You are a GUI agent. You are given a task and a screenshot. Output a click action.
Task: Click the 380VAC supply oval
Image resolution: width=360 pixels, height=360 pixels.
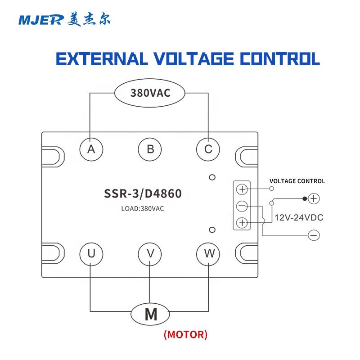click(150, 94)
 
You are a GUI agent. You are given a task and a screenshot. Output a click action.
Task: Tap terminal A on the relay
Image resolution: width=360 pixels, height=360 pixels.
click(91, 149)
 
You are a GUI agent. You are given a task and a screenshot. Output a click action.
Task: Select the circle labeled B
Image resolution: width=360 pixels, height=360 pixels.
click(150, 149)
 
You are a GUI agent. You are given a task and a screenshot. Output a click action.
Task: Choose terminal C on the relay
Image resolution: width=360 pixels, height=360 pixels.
click(208, 149)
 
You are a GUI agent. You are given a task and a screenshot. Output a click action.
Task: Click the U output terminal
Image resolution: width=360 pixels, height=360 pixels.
click(91, 254)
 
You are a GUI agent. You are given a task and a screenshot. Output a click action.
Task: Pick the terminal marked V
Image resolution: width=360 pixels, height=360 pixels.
click(150, 254)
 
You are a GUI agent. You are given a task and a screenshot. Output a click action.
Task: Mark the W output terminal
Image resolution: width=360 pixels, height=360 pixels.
click(208, 254)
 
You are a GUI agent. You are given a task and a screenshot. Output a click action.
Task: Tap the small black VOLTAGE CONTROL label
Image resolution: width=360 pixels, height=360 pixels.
click(297, 181)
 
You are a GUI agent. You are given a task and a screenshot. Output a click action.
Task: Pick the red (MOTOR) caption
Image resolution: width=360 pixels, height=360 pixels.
click(185, 335)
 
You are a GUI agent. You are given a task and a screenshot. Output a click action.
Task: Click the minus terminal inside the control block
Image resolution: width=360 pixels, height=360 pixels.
click(242, 206)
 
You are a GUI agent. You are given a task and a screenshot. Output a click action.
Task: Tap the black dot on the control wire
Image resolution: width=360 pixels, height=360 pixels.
click(305, 198)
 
